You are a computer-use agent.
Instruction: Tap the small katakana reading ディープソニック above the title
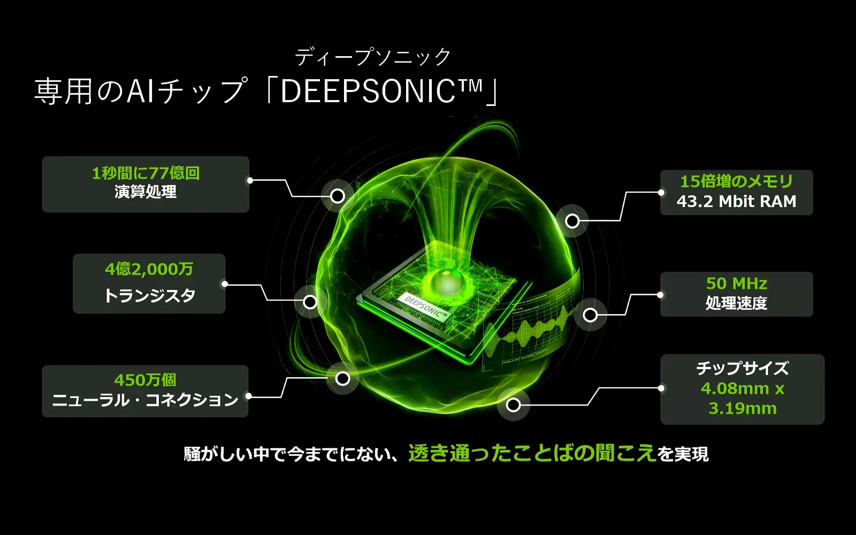[373, 57]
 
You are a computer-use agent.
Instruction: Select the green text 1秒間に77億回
[146, 173]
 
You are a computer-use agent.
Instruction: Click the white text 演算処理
[146, 192]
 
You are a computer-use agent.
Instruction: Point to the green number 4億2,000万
[149, 269]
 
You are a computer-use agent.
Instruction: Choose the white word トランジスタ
[149, 295]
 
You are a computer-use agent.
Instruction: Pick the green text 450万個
[145, 380]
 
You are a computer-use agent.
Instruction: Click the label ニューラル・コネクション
[145, 400]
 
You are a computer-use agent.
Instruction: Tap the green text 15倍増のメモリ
[736, 181]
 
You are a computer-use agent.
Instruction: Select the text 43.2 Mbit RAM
[736, 202]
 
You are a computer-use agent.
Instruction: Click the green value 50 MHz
[736, 283]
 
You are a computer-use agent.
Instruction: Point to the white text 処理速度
[736, 303]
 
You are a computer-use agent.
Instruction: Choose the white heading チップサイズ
[742, 368]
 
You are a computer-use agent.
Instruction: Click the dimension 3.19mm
[742, 408]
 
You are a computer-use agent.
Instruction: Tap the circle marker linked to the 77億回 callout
[338, 196]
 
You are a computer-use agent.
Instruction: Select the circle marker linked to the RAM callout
[572, 220]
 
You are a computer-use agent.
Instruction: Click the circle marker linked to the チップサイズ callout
[514, 405]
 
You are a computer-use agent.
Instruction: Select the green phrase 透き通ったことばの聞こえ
[532, 453]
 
